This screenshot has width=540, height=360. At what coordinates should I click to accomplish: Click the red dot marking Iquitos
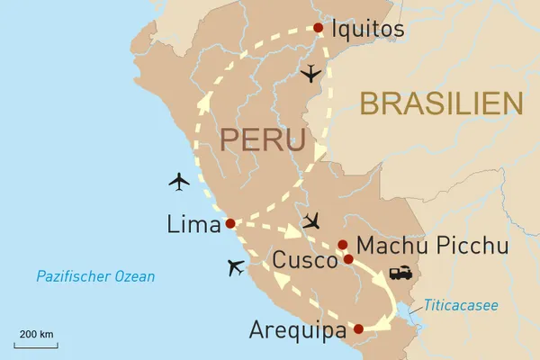[318, 28]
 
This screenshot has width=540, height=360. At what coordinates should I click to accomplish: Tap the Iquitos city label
[368, 30]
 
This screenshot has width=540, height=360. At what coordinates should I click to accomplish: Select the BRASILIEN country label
[442, 103]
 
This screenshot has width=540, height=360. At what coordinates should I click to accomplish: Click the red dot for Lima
[230, 223]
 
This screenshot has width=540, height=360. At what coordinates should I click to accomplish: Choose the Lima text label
[193, 224]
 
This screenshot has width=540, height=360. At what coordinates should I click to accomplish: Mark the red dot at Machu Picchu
[342, 245]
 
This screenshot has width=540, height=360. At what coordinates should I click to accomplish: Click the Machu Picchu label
[432, 246]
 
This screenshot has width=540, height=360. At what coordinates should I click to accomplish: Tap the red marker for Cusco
[348, 259]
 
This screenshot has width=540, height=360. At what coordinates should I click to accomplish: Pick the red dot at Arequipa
[358, 329]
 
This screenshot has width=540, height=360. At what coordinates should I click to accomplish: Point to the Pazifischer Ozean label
[95, 276]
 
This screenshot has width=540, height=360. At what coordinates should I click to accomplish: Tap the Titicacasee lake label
[462, 306]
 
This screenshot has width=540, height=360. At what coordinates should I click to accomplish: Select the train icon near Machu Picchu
[400, 273]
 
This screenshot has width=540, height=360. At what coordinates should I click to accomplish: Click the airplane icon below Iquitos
[311, 74]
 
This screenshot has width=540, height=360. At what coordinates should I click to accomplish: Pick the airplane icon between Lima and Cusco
[311, 220]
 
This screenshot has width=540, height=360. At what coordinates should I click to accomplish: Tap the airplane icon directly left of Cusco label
[237, 267]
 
